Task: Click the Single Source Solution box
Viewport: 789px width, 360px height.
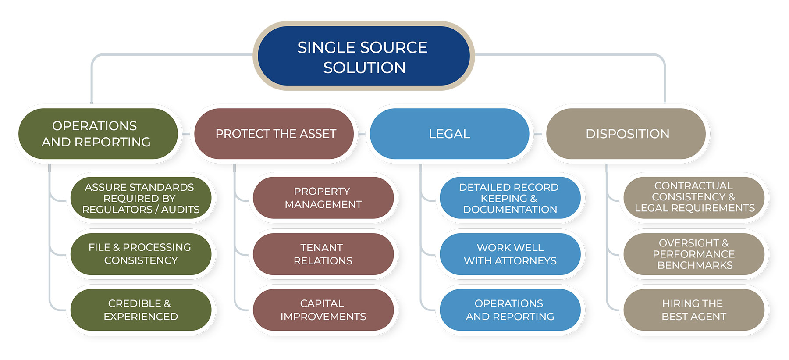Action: point(363,56)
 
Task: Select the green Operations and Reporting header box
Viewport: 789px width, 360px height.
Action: point(98,134)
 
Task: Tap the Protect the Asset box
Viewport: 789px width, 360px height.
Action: point(274,134)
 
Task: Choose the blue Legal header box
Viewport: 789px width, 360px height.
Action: point(449,134)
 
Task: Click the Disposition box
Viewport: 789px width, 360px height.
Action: point(627,134)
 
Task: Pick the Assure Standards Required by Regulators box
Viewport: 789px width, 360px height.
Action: point(141,198)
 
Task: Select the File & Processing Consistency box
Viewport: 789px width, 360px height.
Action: point(141,254)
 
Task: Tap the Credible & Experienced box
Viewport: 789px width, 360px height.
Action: point(141,310)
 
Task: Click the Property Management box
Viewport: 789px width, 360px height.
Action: point(323,198)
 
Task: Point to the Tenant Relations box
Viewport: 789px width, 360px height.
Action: point(323,254)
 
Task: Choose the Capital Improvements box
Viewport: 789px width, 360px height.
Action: point(323,310)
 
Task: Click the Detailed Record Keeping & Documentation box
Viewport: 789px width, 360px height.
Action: point(510,198)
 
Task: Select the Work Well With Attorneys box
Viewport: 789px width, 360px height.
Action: point(510,254)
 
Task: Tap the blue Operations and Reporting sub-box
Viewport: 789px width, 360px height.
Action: point(510,310)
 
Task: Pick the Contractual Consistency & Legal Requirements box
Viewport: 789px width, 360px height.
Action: point(694,197)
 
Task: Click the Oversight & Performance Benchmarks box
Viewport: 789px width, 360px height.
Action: point(694,254)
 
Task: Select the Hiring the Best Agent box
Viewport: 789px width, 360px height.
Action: point(694,310)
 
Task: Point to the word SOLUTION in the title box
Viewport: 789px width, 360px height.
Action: point(364,68)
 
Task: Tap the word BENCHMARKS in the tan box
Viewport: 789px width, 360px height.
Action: point(695,265)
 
